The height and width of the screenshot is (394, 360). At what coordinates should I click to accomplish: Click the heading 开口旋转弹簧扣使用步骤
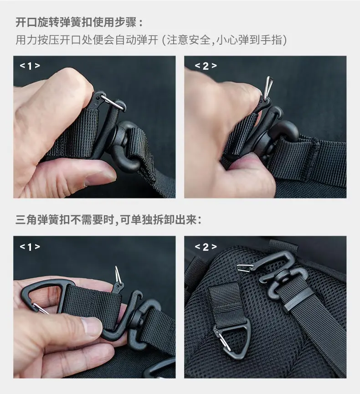(x=76, y=22)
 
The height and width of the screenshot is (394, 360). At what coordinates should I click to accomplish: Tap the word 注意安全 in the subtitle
(x=188, y=40)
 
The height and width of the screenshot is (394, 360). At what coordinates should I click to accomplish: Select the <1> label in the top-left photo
(x=30, y=66)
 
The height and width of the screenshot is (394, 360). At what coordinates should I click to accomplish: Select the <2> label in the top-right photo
(x=206, y=66)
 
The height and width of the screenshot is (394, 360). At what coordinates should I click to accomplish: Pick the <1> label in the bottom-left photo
(x=30, y=247)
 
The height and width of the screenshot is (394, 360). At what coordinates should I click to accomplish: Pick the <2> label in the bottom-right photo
(x=206, y=247)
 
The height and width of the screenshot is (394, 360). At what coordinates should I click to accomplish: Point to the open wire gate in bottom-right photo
(x=246, y=268)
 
